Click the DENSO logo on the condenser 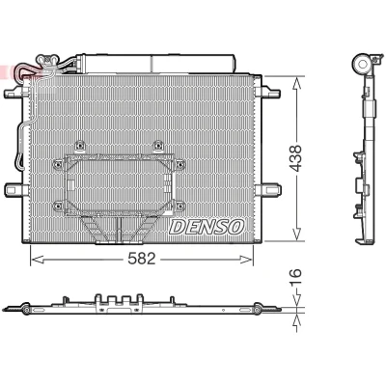tap(207, 227)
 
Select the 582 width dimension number tap(142, 259)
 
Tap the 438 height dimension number tap(295, 158)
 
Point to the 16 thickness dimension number tap(295, 277)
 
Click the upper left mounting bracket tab tap(14, 93)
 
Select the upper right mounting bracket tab tap(271, 93)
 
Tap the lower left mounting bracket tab tap(14, 189)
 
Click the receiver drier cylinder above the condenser tap(157, 63)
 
